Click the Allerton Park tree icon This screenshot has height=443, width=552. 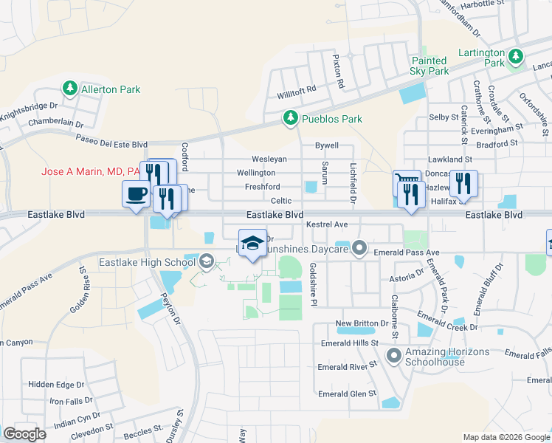tap(70, 89)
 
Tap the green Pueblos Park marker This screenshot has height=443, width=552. tap(291, 118)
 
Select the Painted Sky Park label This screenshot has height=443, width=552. tap(429, 66)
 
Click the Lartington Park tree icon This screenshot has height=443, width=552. tap(518, 55)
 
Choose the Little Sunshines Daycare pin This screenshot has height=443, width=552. tap(359, 248)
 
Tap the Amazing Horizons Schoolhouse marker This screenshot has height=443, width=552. tap(393, 357)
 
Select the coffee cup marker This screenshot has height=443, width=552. tap(136, 195)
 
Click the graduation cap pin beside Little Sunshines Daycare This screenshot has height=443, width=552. tap(252, 244)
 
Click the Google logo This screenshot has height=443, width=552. tap(24, 434)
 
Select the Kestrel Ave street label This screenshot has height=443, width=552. tap(326, 224)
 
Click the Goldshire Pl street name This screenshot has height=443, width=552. tap(313, 284)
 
